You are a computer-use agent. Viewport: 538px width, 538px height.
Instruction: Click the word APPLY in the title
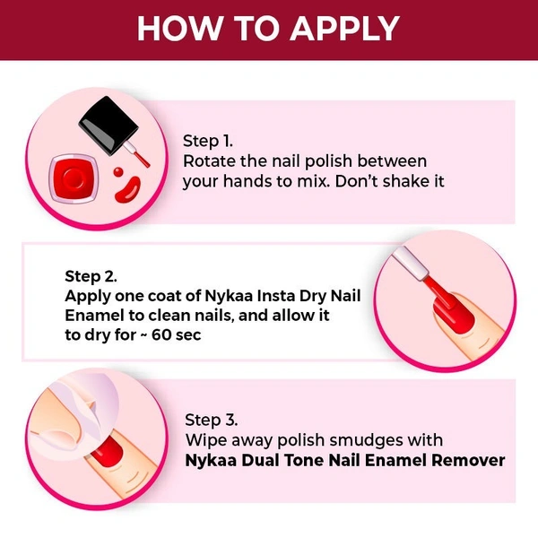[345, 28]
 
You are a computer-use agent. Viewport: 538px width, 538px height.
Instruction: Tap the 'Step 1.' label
[208, 141]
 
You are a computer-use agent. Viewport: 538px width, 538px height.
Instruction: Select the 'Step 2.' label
[91, 276]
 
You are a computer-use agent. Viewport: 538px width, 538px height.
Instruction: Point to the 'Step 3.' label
[212, 420]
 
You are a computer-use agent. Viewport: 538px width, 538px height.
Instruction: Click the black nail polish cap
[108, 125]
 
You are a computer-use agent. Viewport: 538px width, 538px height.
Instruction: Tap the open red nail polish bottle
[74, 178]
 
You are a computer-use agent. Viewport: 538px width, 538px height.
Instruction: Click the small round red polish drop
[118, 171]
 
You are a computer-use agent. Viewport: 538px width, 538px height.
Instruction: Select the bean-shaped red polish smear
[127, 189]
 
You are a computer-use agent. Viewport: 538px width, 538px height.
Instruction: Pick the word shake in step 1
[405, 181]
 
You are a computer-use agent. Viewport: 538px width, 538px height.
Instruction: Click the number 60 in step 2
[161, 334]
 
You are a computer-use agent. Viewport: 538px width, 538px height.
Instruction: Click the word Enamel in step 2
[94, 316]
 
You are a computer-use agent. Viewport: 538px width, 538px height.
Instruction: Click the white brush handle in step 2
[411, 263]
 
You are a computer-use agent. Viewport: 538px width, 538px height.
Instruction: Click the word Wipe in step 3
[206, 440]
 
